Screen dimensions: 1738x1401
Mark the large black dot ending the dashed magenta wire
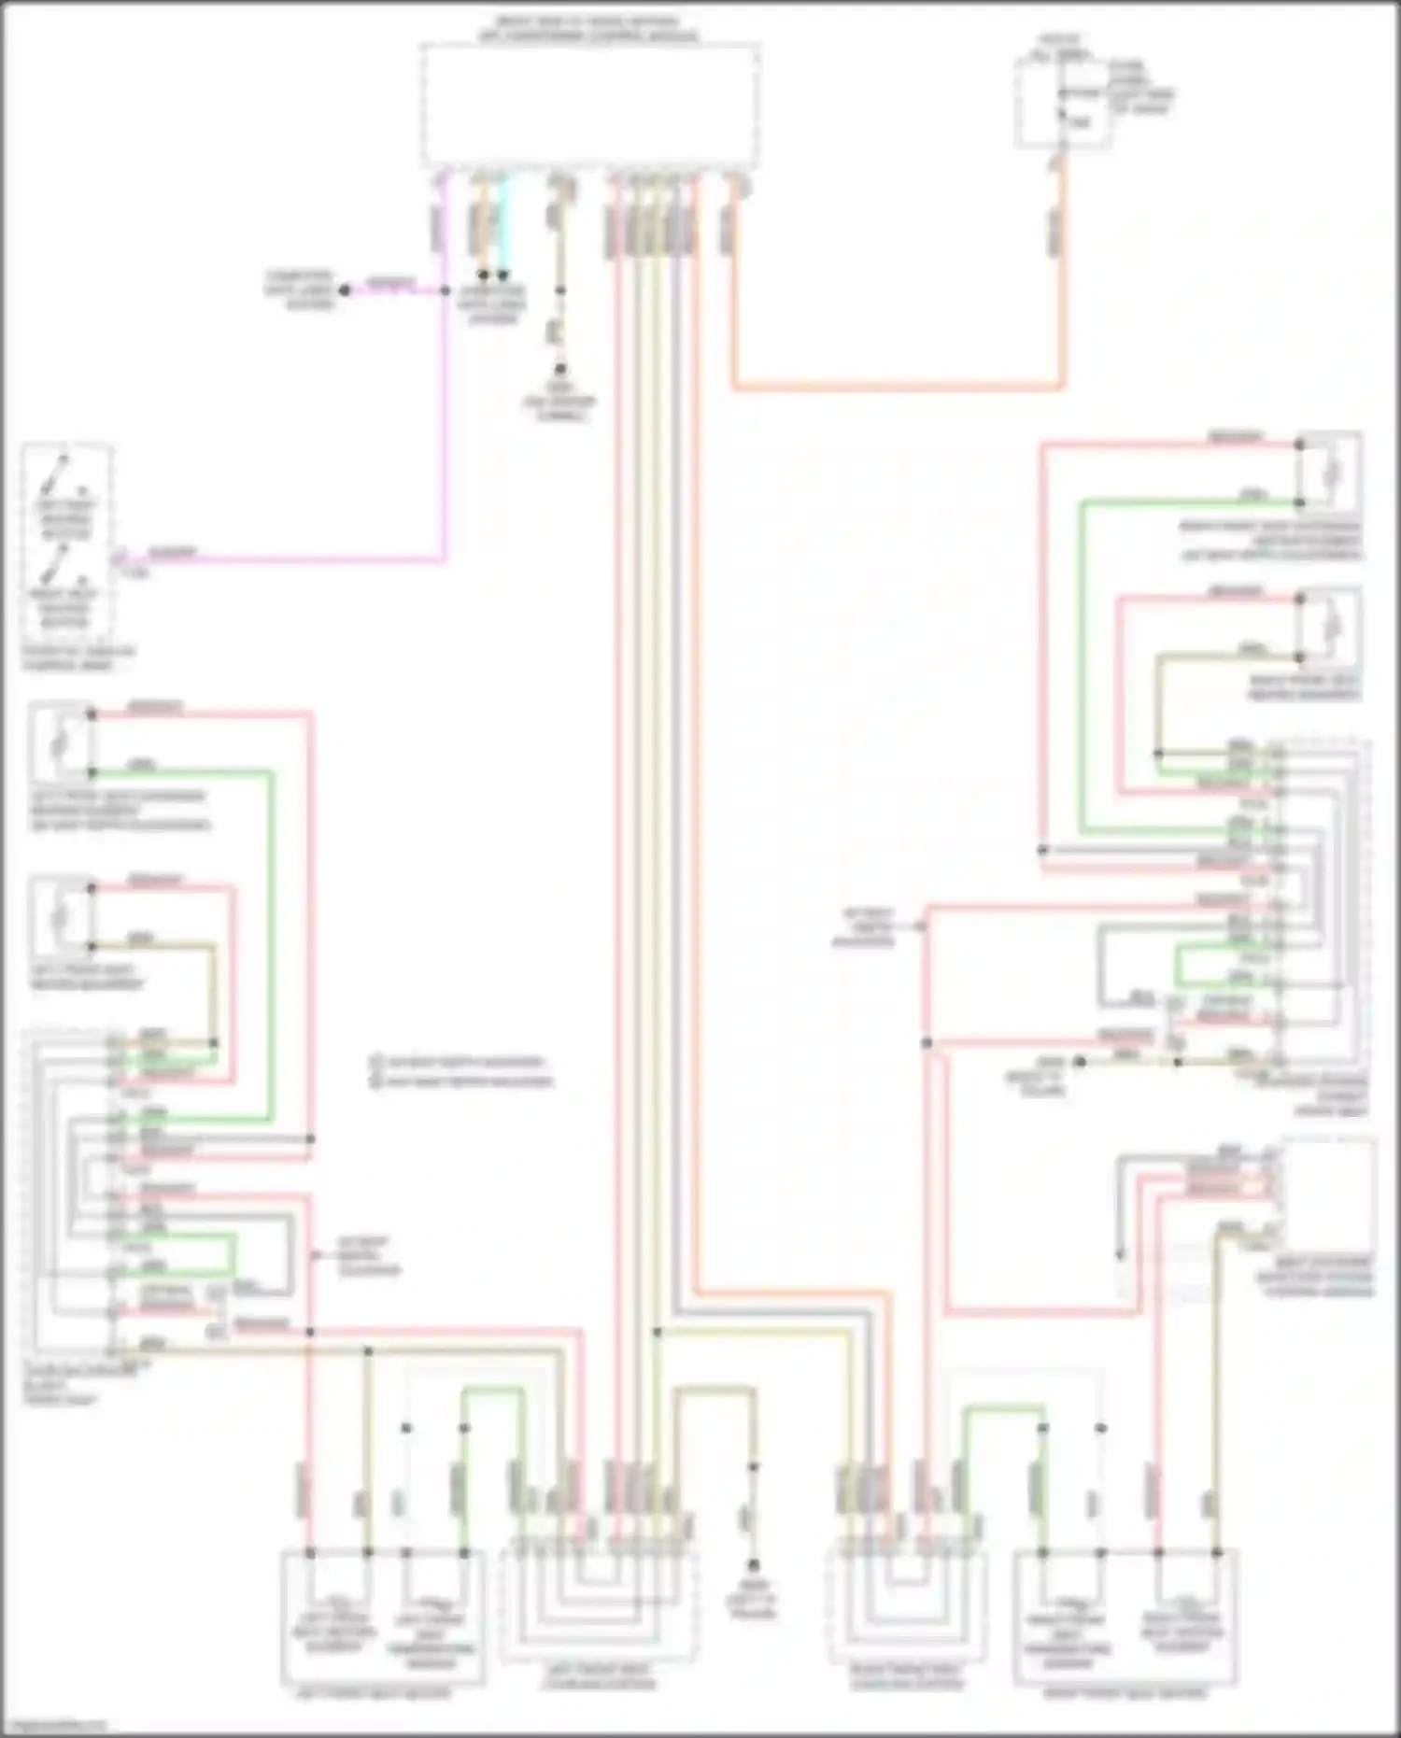[345, 290]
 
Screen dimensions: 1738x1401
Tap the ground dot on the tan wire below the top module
[559, 370]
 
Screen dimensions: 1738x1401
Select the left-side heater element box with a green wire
[62, 741]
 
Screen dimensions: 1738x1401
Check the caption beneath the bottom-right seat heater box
[1125, 1693]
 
